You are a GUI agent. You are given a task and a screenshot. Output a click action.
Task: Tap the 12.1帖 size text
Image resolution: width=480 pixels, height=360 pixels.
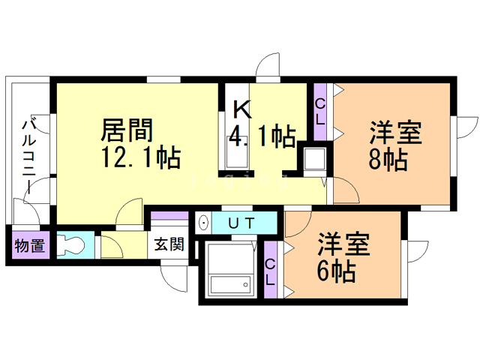[x=139, y=157]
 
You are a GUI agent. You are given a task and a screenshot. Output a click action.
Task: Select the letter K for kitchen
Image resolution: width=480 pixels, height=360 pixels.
[x=241, y=109]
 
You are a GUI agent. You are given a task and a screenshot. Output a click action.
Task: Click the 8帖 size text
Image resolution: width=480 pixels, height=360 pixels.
[x=388, y=159]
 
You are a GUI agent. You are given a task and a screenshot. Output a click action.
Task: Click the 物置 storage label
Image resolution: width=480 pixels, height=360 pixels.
[x=29, y=245]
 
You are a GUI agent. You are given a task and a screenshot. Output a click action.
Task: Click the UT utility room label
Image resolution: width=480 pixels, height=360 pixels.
[x=241, y=223]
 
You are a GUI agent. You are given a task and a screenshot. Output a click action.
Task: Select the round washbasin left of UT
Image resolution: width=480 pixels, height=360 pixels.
[x=203, y=223]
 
